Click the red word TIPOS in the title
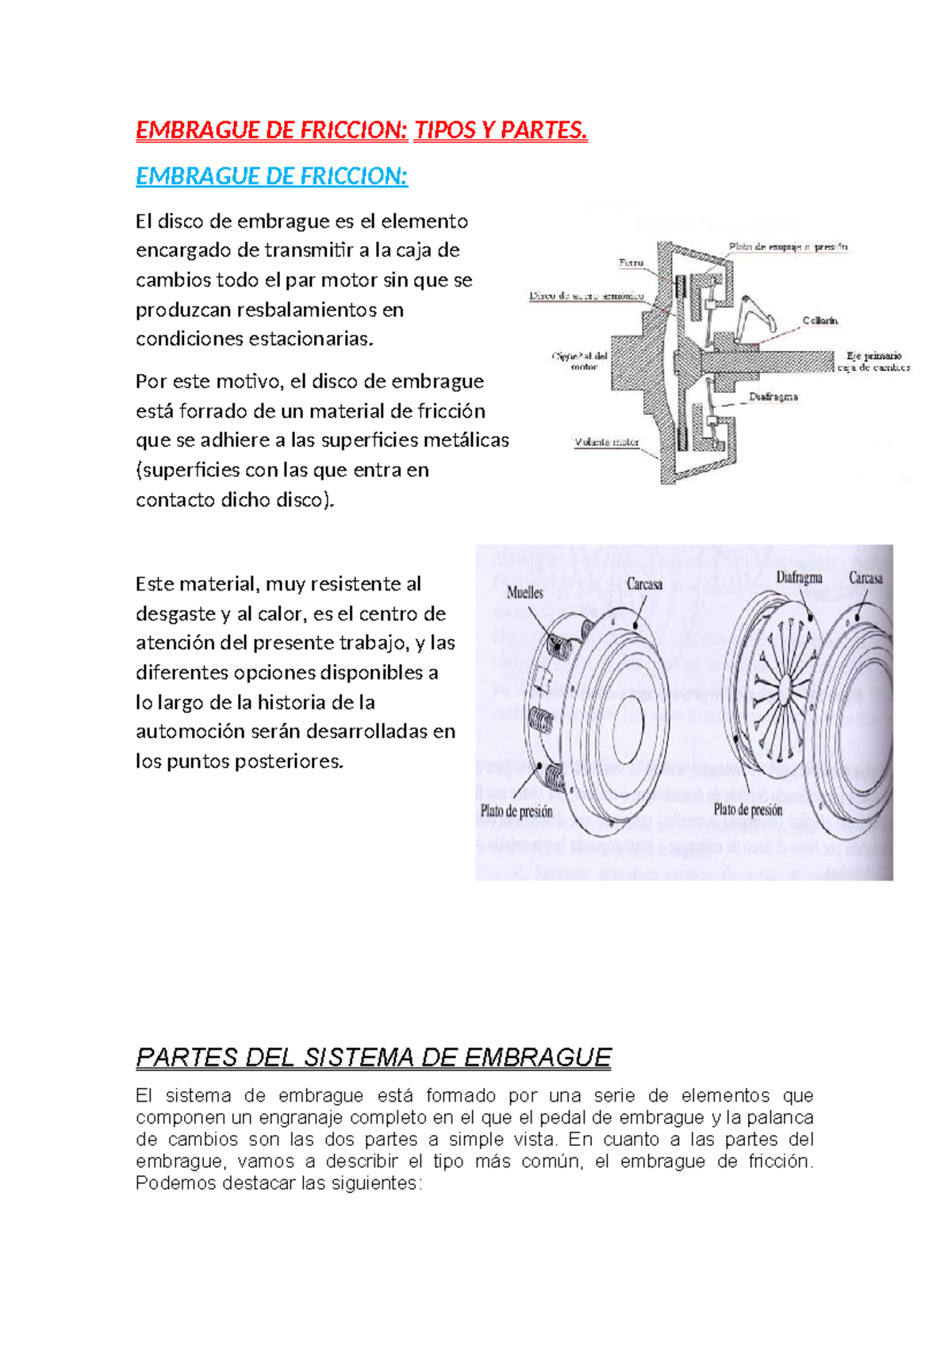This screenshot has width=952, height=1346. [443, 129]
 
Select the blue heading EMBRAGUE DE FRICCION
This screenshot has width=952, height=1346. [271, 176]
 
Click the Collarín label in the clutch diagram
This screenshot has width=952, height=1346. [820, 321]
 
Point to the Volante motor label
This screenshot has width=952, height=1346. [607, 442]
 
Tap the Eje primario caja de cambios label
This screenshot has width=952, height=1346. [873, 362]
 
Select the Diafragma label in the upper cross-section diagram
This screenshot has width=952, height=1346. [773, 397]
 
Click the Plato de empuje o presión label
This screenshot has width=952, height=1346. [788, 247]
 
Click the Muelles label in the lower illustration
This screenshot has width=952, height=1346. [525, 592]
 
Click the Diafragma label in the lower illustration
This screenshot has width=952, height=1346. [799, 578]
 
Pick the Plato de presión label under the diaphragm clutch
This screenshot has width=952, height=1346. [747, 810]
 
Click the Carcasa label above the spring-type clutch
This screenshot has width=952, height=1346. [644, 584]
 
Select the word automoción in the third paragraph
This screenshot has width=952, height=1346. [190, 731]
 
